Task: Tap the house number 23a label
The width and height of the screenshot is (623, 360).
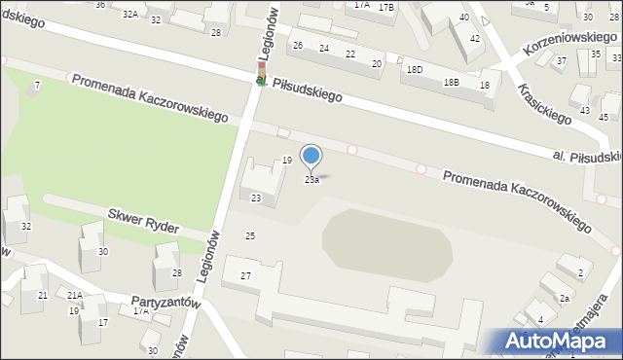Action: [x=311, y=180]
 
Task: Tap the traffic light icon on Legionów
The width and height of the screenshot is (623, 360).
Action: [x=261, y=75]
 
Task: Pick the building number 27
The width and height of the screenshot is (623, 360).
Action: [x=246, y=276]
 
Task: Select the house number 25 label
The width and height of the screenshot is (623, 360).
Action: [x=250, y=236]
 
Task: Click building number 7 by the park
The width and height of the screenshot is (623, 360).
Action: [x=37, y=86]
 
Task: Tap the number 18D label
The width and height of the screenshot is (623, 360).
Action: [x=415, y=70]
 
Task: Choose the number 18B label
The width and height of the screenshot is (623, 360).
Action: [x=451, y=83]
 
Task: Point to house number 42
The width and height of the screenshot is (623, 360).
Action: [x=474, y=38]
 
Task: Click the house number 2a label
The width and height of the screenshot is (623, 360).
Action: [x=564, y=299]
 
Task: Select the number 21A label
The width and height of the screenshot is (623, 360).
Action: [x=74, y=295]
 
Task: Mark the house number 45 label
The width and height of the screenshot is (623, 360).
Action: [x=602, y=118]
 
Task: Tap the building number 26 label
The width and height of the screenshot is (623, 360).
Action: [x=298, y=46]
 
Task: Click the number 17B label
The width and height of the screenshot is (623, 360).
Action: [x=386, y=7]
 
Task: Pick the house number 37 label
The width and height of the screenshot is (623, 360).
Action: [x=561, y=60]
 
